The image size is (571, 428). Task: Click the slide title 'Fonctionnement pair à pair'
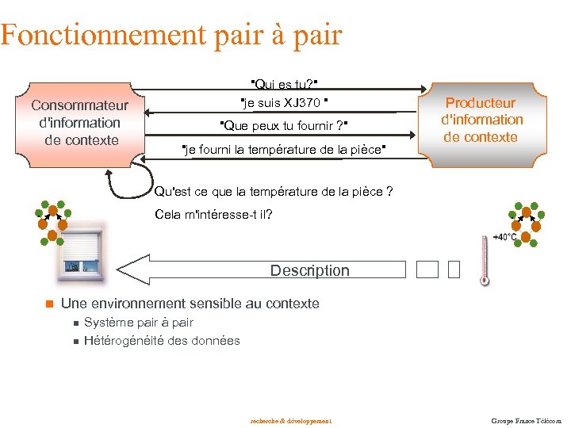(171, 35)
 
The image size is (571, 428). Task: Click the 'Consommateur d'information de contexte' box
(79, 123)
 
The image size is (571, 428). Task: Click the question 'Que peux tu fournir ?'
(283, 126)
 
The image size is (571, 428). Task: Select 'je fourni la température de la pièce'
(283, 150)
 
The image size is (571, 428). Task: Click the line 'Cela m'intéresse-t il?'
(214, 215)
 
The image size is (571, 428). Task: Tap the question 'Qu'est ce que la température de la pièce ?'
(274, 191)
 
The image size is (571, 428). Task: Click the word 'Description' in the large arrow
(309, 270)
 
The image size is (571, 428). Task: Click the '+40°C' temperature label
(505, 237)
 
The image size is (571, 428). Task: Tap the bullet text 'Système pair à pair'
(139, 323)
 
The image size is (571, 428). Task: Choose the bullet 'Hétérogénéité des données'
(162, 341)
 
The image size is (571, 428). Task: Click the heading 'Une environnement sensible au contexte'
(190, 304)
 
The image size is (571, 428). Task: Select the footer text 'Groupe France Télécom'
(525, 420)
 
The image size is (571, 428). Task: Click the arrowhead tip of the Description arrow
(120, 269)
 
